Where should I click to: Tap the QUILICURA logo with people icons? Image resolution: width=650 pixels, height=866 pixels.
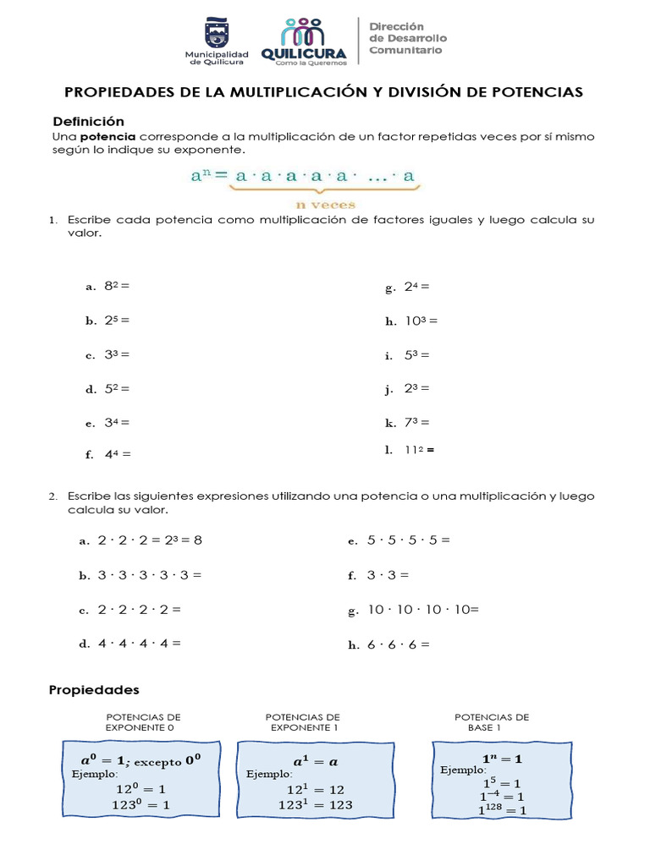(303, 41)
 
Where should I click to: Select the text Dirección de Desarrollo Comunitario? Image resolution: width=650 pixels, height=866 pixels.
(407, 39)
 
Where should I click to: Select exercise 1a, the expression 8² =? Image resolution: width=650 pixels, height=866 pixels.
(117, 286)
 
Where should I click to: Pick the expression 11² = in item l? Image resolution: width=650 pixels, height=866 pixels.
(418, 450)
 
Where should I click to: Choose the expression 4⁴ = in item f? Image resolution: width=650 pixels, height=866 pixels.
(118, 453)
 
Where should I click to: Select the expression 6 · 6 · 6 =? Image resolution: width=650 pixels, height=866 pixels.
(398, 644)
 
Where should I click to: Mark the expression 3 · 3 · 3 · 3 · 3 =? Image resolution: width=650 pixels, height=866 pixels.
(150, 574)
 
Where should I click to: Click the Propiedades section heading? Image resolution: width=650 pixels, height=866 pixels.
(93, 690)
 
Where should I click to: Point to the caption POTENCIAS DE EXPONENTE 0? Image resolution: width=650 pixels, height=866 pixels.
(142, 721)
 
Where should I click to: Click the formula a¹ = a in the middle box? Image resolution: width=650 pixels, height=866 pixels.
(303, 759)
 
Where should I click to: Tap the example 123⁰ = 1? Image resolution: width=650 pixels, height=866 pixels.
(141, 805)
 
